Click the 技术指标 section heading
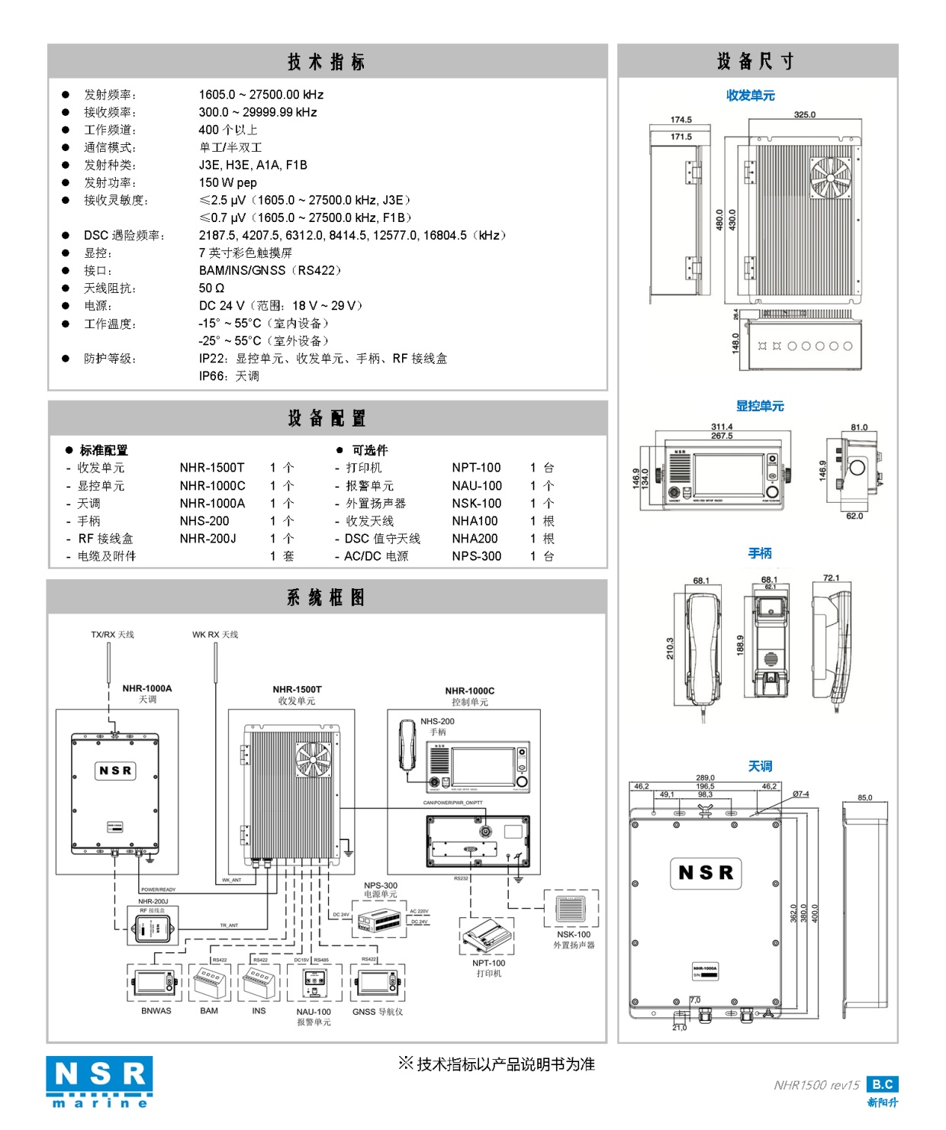(x=327, y=62)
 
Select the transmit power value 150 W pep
(x=227, y=182)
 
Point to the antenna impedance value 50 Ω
(x=211, y=288)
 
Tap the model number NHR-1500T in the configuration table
(x=212, y=468)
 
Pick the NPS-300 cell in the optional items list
(x=476, y=556)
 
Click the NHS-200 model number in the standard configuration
(x=204, y=521)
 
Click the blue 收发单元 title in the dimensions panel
(x=750, y=95)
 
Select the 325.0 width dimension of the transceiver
(x=804, y=114)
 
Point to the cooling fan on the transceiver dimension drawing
(x=830, y=178)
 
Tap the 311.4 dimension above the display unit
(x=721, y=427)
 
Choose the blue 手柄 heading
(x=759, y=553)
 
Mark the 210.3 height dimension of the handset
(x=670, y=648)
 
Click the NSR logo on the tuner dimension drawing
(x=706, y=872)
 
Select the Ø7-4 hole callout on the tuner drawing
(x=800, y=794)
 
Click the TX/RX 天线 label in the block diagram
(x=112, y=635)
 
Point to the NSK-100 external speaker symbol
(x=571, y=909)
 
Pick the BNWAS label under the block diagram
(x=156, y=1011)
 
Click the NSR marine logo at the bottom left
(x=99, y=1081)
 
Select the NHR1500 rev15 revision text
(x=816, y=1085)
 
